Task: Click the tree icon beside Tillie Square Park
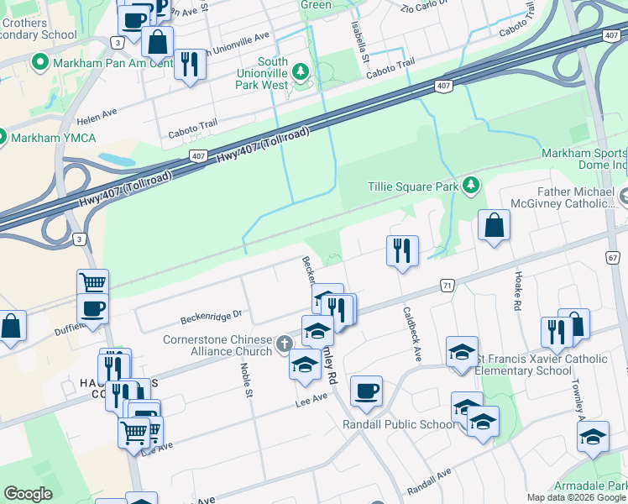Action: [472, 185]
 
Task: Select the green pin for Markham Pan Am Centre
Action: [39, 63]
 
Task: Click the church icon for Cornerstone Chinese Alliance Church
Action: [285, 343]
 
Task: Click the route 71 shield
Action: [448, 286]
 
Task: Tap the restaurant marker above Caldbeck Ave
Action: [402, 250]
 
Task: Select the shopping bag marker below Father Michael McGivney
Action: [495, 225]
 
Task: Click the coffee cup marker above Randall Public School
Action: [366, 391]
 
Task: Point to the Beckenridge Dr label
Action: [211, 317]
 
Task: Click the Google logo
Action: [28, 494]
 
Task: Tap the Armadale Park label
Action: [590, 486]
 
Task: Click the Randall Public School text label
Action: [399, 424]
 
